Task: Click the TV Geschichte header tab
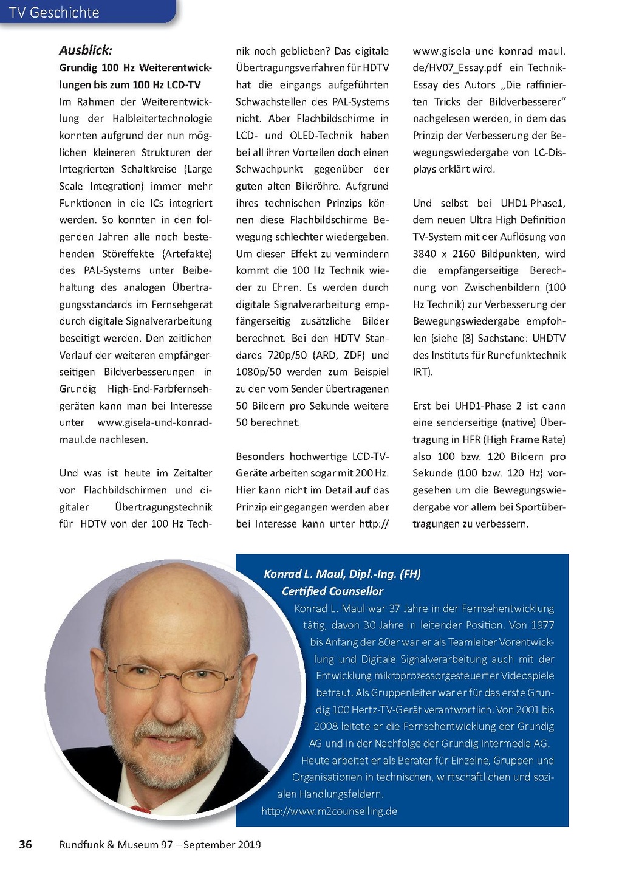55,12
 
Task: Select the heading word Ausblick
86,50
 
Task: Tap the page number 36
26,844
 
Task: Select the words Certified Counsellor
332,591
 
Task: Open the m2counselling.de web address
329,811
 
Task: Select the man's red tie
141,810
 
